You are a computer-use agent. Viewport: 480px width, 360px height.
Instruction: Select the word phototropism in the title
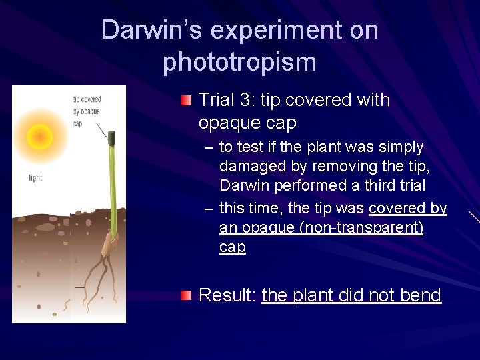[x=239, y=62]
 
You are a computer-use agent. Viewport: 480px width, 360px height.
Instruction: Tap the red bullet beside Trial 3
[x=187, y=101]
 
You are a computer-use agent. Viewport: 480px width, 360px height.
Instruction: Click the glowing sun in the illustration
[x=40, y=137]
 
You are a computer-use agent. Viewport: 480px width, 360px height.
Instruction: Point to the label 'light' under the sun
[x=35, y=177]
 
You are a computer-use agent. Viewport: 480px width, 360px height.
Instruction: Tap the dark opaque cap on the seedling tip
[x=112, y=139]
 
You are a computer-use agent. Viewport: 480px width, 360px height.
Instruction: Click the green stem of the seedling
[x=110, y=193]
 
